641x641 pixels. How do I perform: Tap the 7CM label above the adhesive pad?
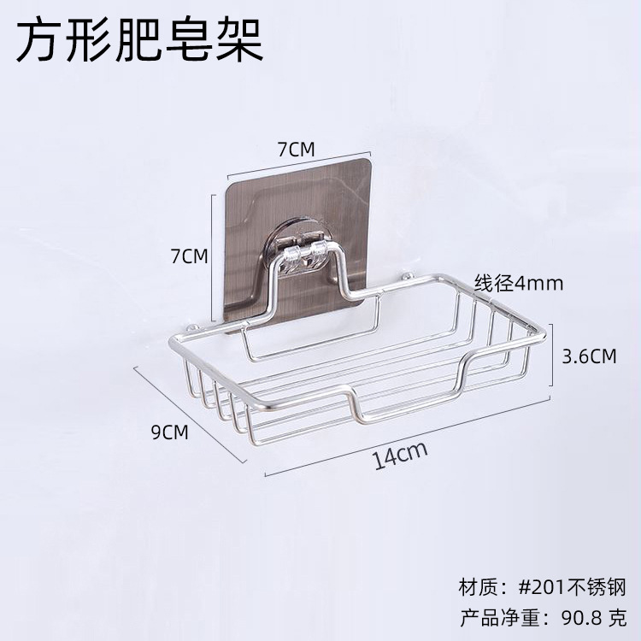[297, 149]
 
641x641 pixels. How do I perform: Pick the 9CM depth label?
[168, 432]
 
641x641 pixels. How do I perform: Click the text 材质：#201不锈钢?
[543, 587]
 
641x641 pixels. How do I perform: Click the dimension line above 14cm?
[409, 436]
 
